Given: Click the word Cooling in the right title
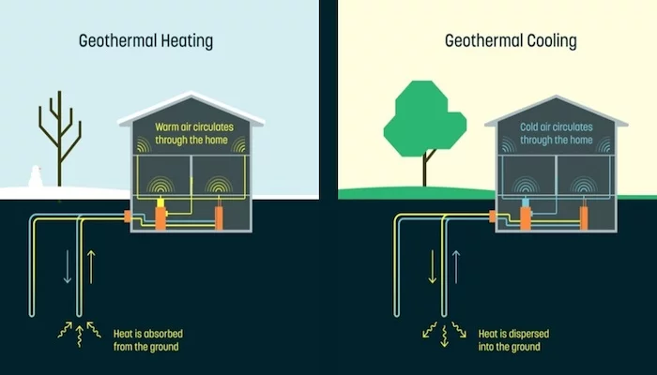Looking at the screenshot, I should click(549, 41).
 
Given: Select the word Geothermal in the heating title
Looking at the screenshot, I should click(110, 41).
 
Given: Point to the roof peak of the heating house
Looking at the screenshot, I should click(191, 95).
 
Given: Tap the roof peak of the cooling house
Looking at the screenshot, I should click(556, 95).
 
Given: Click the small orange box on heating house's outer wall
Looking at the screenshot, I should click(130, 217).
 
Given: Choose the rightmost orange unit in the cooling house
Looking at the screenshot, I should click(585, 217).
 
